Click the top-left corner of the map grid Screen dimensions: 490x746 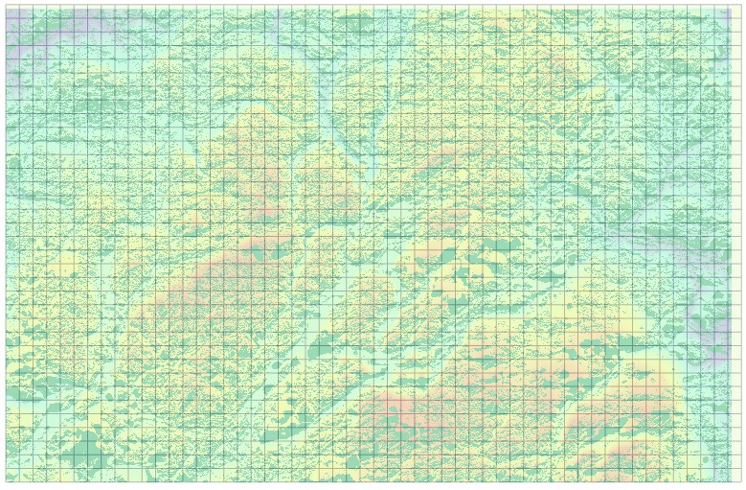pyautogui.click(x=6, y=8)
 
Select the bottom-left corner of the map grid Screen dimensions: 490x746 pyautogui.click(x=6, y=481)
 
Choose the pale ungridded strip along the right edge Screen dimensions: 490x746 pyautogui.click(x=738, y=240)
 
